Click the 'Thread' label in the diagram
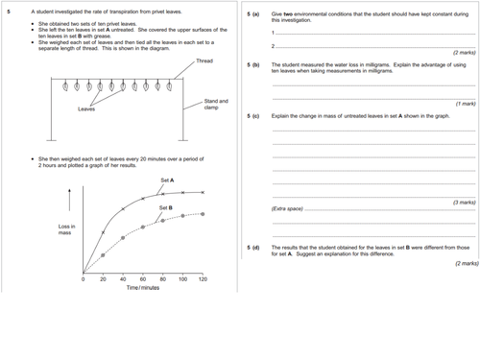204,61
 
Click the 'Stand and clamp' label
216,104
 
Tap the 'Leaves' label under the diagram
86,109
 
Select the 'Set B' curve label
165,207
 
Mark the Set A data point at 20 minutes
104,232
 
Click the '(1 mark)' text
464,103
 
